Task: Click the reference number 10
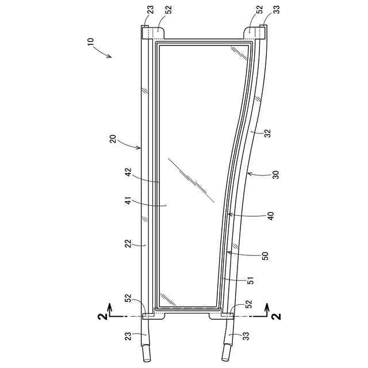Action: click(x=91, y=42)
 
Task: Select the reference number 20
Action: click(x=113, y=139)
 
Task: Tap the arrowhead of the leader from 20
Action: click(x=139, y=147)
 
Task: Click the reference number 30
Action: click(x=277, y=175)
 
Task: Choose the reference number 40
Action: click(x=271, y=216)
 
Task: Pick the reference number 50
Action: click(x=264, y=256)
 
